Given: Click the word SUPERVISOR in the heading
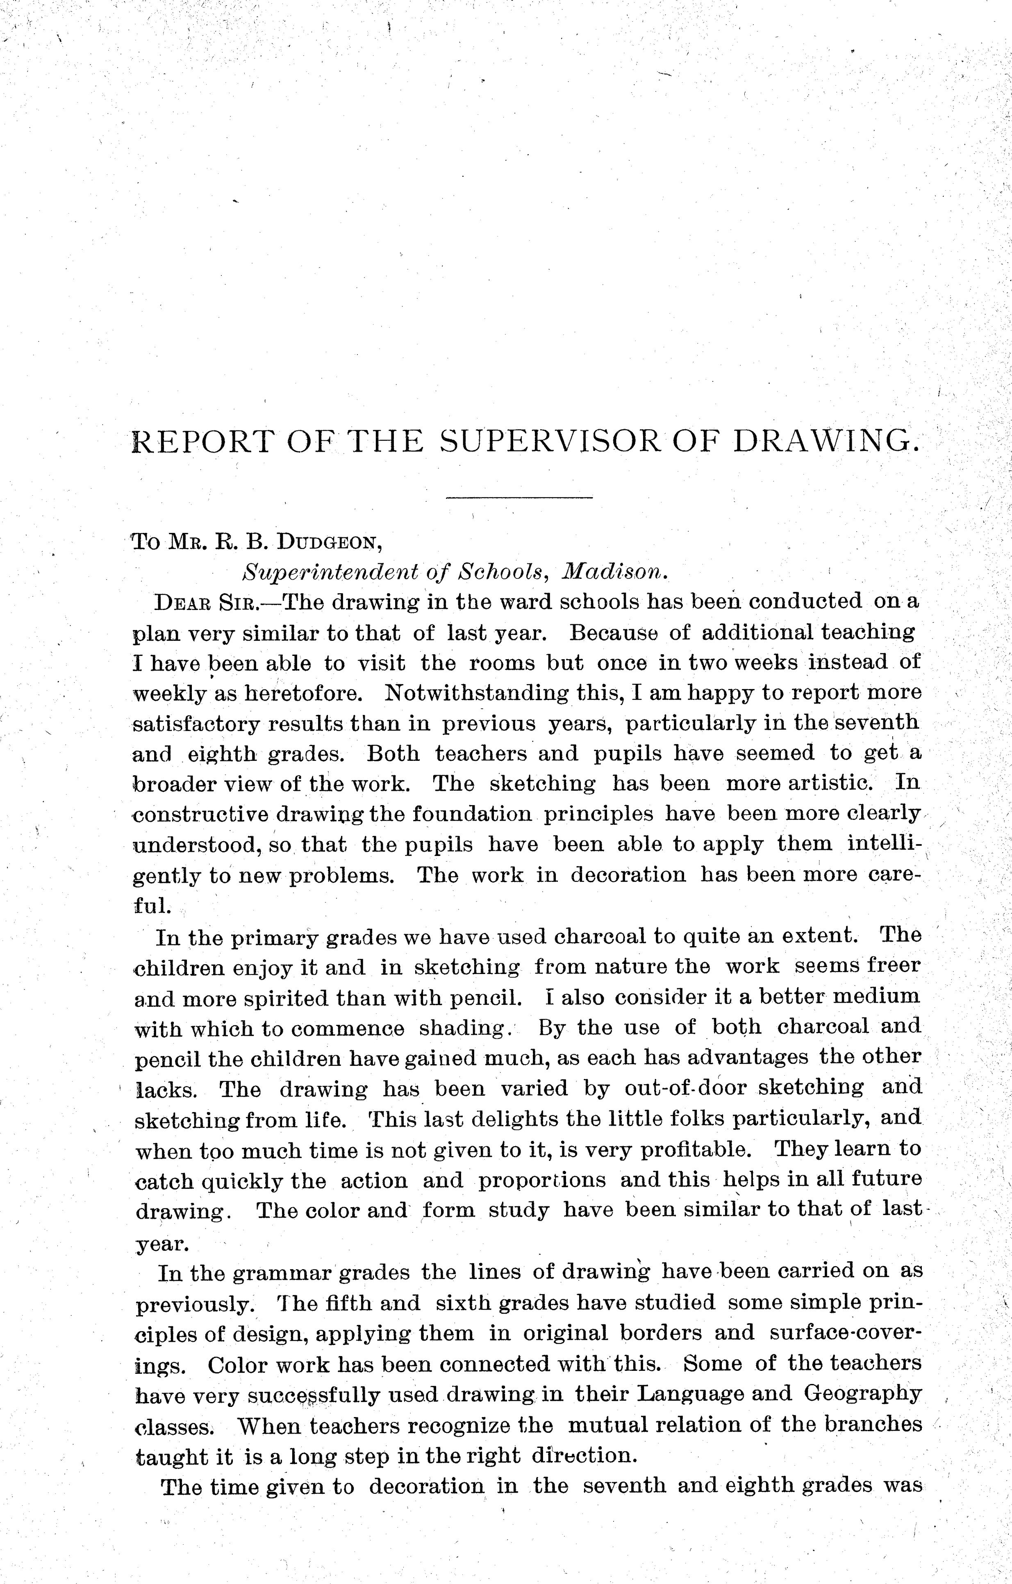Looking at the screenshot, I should click(550, 442).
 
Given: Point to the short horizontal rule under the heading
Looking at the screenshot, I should click(519, 497).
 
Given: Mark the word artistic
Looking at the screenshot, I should click(831, 783).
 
